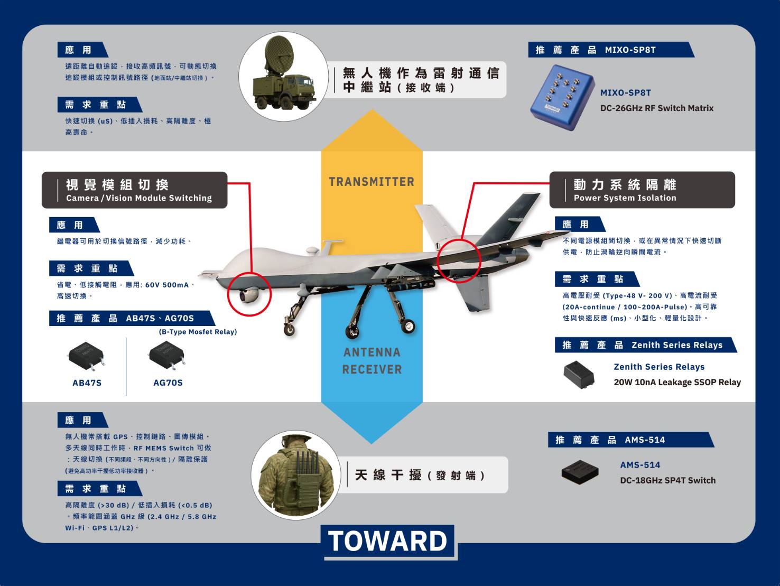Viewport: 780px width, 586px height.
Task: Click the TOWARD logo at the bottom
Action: click(388, 541)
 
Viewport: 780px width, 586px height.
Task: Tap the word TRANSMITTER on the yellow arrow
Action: click(372, 182)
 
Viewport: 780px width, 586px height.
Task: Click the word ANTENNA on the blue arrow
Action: click(372, 352)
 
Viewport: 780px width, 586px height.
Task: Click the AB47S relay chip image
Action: click(86, 355)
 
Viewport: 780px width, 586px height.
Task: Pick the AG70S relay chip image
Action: click(168, 355)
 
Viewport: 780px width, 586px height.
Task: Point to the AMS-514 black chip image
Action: click(580, 471)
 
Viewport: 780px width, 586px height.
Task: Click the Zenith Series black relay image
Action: click(579, 374)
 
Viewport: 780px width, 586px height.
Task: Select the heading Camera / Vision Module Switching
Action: click(138, 198)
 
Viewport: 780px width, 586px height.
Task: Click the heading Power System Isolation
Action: click(625, 198)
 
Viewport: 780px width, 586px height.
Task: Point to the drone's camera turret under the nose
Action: click(248, 295)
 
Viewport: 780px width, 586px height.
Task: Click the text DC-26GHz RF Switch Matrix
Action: click(656, 108)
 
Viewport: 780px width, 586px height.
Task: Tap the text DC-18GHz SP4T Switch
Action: click(667, 480)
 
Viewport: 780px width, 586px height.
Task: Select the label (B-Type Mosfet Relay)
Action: click(198, 332)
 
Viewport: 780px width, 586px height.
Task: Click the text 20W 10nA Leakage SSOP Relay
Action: click(677, 382)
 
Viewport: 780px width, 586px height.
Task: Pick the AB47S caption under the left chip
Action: click(87, 383)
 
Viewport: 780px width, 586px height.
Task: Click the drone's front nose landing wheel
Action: click(290, 329)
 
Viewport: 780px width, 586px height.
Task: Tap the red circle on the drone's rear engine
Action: click(459, 259)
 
